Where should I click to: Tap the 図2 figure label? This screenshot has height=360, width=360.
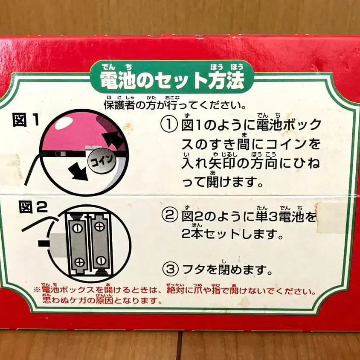pos(33,207)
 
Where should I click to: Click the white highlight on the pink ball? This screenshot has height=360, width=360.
pos(64,122)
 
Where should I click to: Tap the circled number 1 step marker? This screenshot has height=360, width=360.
pos(169,125)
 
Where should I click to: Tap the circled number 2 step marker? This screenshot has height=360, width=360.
pos(170,216)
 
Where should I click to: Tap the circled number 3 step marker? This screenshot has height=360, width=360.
pos(170,269)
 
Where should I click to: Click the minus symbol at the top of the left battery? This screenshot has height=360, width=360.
pos(77,228)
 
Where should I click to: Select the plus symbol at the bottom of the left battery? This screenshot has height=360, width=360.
pos(80,262)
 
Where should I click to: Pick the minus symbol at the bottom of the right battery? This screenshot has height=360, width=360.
pos(101,261)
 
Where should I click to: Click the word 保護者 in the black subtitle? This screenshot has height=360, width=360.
pos(119,105)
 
